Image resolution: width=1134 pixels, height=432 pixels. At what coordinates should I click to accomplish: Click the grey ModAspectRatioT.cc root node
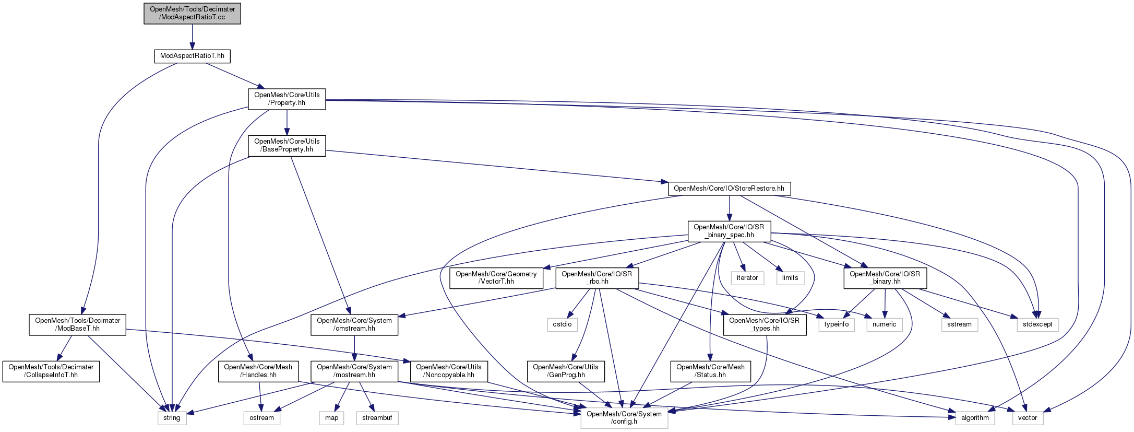pyautogui.click(x=192, y=13)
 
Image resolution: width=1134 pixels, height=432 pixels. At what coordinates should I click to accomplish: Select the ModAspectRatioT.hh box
pyautogui.click(x=192, y=56)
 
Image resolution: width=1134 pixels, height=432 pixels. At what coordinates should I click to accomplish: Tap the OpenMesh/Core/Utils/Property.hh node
pyautogui.click(x=287, y=99)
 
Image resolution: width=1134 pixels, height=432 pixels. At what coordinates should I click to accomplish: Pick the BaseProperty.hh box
pyautogui.click(x=287, y=145)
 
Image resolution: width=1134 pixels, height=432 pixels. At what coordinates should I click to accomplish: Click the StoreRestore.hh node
pyautogui.click(x=729, y=188)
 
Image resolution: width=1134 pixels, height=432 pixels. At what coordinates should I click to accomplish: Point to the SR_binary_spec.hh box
pyautogui.click(x=729, y=231)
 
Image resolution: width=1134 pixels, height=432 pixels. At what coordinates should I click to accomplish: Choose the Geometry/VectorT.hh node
pyautogui.click(x=496, y=277)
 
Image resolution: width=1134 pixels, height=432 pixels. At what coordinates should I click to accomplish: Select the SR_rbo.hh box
pyautogui.click(x=596, y=277)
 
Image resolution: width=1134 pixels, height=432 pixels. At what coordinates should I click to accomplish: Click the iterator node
pyautogui.click(x=747, y=278)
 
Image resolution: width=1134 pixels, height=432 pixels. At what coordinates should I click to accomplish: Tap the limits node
pyautogui.click(x=790, y=278)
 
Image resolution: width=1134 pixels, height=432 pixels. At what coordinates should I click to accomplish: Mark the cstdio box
pyautogui.click(x=562, y=324)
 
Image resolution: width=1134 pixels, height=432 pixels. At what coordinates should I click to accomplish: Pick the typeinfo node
pyautogui.click(x=836, y=324)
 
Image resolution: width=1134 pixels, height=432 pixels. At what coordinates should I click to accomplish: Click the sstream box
pyautogui.click(x=959, y=324)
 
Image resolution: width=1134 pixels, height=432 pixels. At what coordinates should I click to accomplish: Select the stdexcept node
pyautogui.click(x=1037, y=324)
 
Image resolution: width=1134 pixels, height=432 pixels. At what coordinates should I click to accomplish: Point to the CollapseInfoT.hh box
pyautogui.click(x=51, y=371)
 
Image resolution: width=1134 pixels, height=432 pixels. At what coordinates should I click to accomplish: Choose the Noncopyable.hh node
pyautogui.click(x=449, y=371)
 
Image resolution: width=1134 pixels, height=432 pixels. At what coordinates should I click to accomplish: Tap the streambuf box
pyautogui.click(x=377, y=418)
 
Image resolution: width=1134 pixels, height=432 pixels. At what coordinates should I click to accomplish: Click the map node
pyautogui.click(x=331, y=418)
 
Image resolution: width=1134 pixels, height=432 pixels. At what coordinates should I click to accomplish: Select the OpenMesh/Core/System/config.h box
pyautogui.click(x=624, y=418)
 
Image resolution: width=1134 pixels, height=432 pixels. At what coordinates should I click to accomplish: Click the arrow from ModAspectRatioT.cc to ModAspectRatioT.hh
pyautogui.click(x=192, y=37)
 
